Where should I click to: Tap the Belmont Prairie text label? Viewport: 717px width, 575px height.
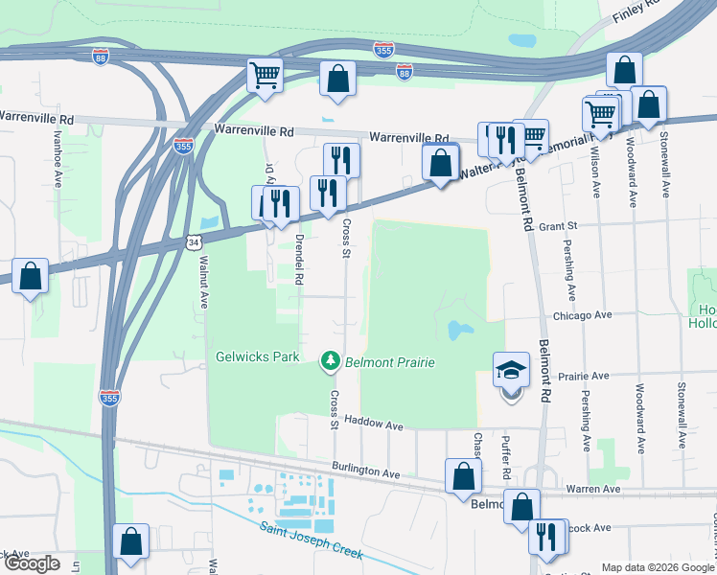(390, 362)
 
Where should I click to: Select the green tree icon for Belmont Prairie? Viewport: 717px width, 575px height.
(331, 359)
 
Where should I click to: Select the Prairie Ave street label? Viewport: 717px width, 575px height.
(585, 376)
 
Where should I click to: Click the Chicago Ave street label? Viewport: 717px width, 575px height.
(581, 314)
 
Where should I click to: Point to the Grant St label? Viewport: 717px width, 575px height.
(562, 226)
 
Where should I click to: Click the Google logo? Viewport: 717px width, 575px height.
(32, 563)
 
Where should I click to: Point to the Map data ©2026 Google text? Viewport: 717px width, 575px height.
(656, 567)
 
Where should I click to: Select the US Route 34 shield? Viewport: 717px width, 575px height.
(195, 243)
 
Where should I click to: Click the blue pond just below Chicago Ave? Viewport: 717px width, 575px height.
(459, 331)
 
